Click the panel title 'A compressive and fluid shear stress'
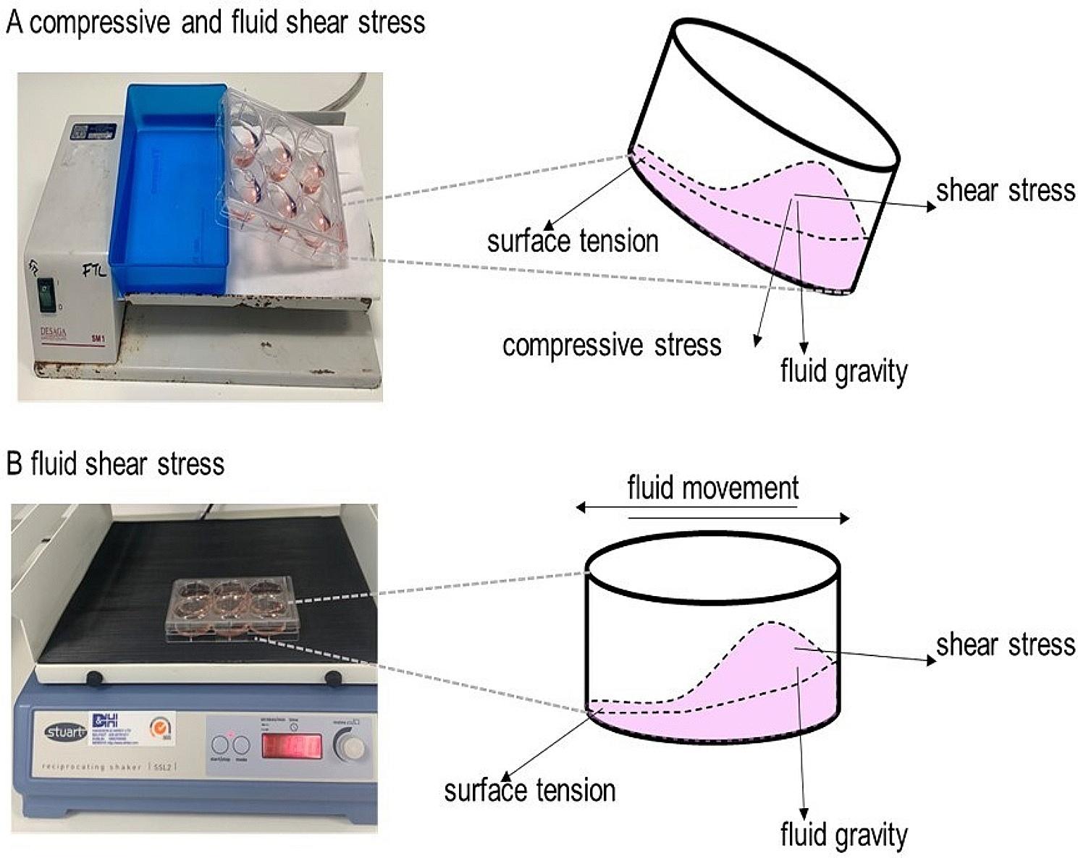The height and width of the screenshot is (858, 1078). [x=215, y=22]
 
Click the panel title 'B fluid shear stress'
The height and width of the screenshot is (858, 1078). [x=115, y=464]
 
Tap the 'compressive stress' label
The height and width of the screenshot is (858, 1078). [x=612, y=345]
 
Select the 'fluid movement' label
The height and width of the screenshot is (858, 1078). [x=713, y=488]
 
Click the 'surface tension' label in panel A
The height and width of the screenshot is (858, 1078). [x=573, y=241]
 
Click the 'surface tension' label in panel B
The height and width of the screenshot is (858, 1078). [x=530, y=790]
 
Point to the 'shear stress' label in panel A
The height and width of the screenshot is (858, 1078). [x=1006, y=190]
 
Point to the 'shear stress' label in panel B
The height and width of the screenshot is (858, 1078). [x=1006, y=645]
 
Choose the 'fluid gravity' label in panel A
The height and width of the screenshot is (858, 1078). [x=843, y=372]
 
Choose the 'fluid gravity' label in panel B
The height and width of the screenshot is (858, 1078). [x=843, y=835]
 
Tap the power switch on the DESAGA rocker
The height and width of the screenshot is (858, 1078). [x=47, y=295]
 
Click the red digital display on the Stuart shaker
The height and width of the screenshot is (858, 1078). [x=291, y=745]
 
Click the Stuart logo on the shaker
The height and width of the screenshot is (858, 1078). [x=65, y=732]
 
